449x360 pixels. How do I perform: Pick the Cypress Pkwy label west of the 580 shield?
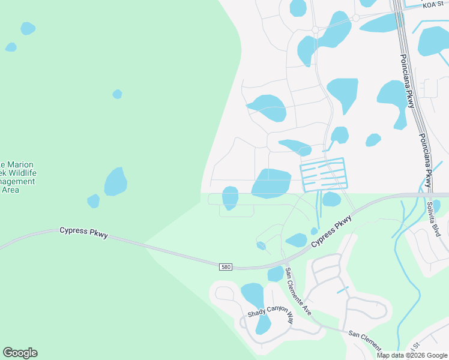[83, 232]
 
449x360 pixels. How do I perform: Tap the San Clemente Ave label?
[298, 292]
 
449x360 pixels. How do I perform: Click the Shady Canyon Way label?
[271, 314]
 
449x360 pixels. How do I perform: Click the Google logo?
[20, 353]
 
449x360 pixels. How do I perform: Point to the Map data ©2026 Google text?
[411, 355]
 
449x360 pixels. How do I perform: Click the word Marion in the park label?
[19, 164]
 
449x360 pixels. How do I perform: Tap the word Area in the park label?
[10, 190]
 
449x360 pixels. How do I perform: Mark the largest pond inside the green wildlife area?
[115, 182]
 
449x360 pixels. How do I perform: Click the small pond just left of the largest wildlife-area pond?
[93, 201]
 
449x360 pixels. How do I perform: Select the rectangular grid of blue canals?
[322, 174]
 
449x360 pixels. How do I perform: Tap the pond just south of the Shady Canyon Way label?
[263, 325]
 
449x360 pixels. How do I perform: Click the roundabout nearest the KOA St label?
[356, 18]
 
